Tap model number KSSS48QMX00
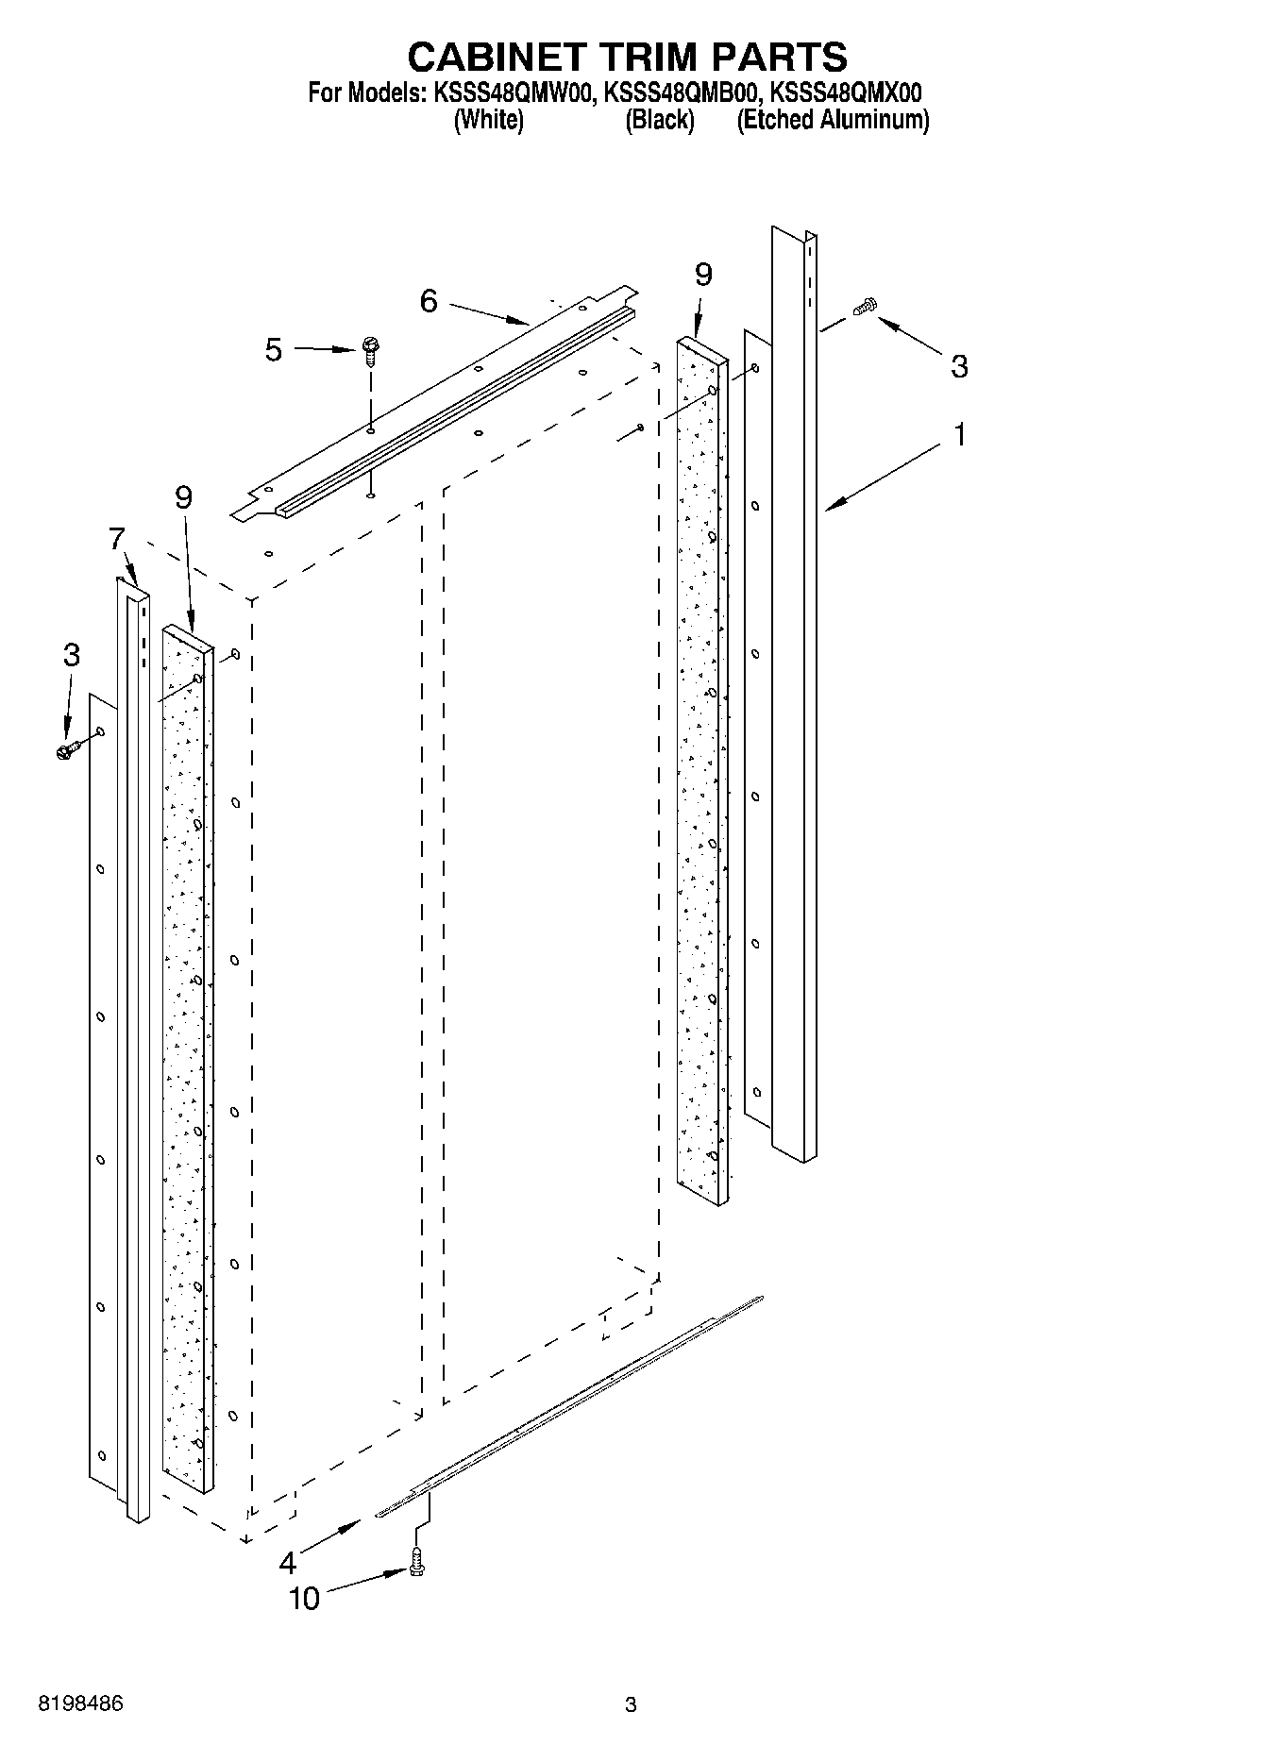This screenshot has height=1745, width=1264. pos(846,92)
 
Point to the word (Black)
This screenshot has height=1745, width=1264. pos(660,120)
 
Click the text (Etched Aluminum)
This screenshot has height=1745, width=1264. pos(833,120)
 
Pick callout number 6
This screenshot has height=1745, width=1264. pos(429,301)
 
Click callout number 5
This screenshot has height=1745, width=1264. pos(273,350)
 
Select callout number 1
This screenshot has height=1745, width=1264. pos(959,436)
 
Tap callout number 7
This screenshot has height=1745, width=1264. pos(116,540)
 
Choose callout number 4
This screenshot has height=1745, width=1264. pos(288,1563)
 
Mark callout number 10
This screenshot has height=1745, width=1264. pos(304,1598)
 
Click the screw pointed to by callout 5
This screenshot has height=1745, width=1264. pos(369,351)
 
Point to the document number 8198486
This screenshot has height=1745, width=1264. pos(80,1704)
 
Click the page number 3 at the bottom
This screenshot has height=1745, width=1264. pos(631,1705)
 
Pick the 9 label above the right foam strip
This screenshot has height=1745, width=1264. pos(703,275)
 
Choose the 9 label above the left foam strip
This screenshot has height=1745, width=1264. pos(183,497)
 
